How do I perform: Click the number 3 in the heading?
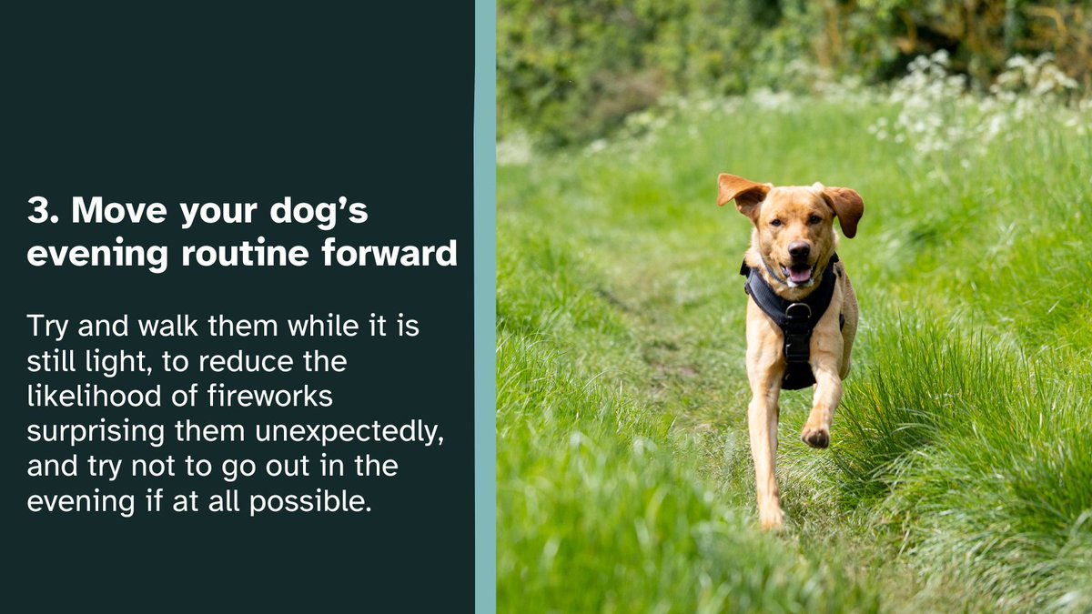click(37, 212)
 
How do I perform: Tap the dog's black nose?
click(799, 249)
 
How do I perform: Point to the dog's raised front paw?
click(815, 437)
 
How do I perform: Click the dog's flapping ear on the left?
click(738, 193)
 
